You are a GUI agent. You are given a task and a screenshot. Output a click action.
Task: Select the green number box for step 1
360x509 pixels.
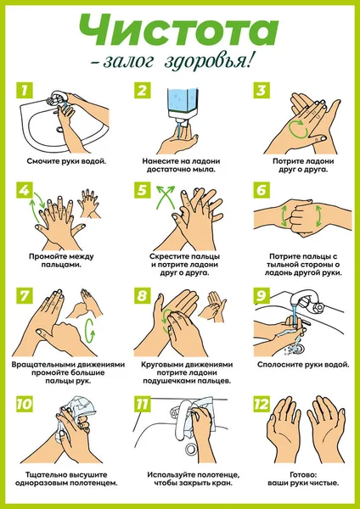25,91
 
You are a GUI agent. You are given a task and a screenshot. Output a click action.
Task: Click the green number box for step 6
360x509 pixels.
262,190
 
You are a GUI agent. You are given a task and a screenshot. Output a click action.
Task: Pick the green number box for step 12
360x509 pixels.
262,404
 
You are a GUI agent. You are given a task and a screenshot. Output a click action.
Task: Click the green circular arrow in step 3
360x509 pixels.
298,129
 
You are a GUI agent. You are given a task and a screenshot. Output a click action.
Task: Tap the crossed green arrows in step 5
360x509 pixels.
166,197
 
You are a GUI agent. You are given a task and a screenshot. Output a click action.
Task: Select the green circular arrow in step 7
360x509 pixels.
90,331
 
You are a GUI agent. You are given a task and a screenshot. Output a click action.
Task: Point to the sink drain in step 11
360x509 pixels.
190,449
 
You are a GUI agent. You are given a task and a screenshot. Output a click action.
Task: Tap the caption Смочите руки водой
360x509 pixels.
66,161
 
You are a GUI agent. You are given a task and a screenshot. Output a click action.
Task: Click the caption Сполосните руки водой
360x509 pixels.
303,365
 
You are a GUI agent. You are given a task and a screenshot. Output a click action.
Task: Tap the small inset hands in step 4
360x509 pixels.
88,204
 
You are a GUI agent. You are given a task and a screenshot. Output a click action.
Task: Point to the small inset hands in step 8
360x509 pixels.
212,306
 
